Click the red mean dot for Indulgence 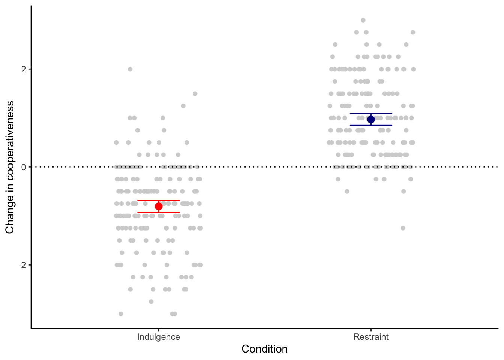click(x=159, y=206)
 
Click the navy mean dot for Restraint click(x=371, y=120)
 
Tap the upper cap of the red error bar click(x=159, y=201)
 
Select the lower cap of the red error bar click(x=159, y=212)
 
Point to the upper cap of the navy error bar click(x=371, y=114)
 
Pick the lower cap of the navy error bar click(x=371, y=125)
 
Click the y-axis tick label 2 click(x=23, y=69)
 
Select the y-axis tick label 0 click(x=23, y=167)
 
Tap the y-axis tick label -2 click(x=22, y=265)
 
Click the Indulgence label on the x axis click(x=159, y=337)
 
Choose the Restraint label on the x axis click(x=371, y=337)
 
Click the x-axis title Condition click(x=264, y=349)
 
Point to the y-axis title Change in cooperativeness click(x=10, y=167)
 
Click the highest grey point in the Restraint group click(x=363, y=20)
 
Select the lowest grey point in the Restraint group click(x=403, y=228)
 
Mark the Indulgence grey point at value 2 click(x=130, y=69)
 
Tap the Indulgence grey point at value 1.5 click(x=195, y=94)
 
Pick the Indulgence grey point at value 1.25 click(x=183, y=106)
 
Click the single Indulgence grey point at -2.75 click(x=151, y=301)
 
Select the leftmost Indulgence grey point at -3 click(x=121, y=313)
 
